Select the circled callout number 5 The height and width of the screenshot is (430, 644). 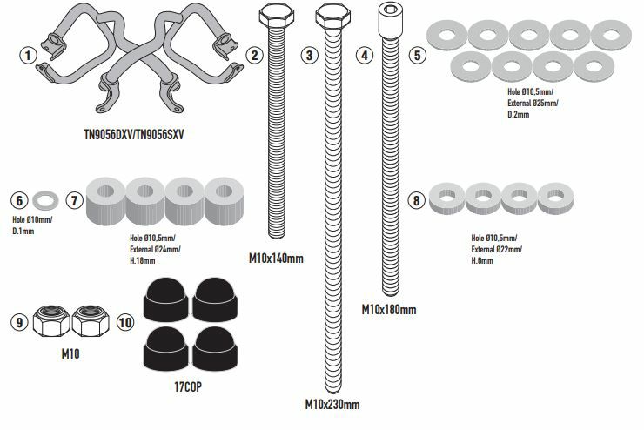pyautogui.click(x=419, y=55)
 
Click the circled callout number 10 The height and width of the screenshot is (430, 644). pyautogui.click(x=125, y=322)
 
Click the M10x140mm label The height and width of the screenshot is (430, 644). pyautogui.click(x=276, y=258)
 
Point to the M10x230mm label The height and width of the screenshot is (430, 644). pyautogui.click(x=332, y=404)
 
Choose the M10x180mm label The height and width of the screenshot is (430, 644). pyautogui.click(x=388, y=309)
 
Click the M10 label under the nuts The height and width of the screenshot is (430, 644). pyautogui.click(x=69, y=354)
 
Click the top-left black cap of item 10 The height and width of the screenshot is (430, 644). pyautogui.click(x=162, y=299)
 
